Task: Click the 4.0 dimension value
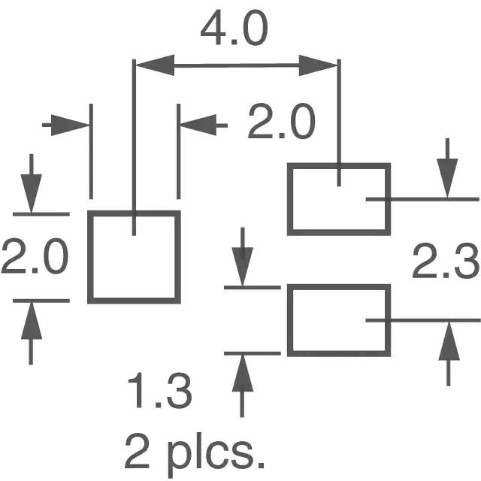tap(234, 29)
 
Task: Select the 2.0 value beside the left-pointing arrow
tap(281, 122)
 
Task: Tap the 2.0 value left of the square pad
tap(35, 256)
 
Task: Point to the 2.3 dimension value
tap(446, 261)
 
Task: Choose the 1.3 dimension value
tap(160, 390)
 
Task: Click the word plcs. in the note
tap(216, 455)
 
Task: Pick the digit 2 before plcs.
tap(137, 451)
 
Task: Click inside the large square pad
tap(134, 257)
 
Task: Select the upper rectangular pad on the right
tap(339, 199)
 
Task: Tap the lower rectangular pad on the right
tap(339, 320)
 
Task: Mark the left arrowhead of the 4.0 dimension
tap(155, 65)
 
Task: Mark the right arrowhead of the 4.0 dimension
tap(318, 65)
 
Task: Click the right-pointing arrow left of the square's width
tap(65, 126)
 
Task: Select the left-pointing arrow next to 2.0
tap(204, 126)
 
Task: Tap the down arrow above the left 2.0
tap(32, 183)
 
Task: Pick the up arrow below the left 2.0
tap(32, 334)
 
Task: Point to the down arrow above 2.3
tap(448, 168)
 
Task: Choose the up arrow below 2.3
tap(449, 354)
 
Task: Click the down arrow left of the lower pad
tap(242, 257)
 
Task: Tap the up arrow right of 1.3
tap(242, 386)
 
